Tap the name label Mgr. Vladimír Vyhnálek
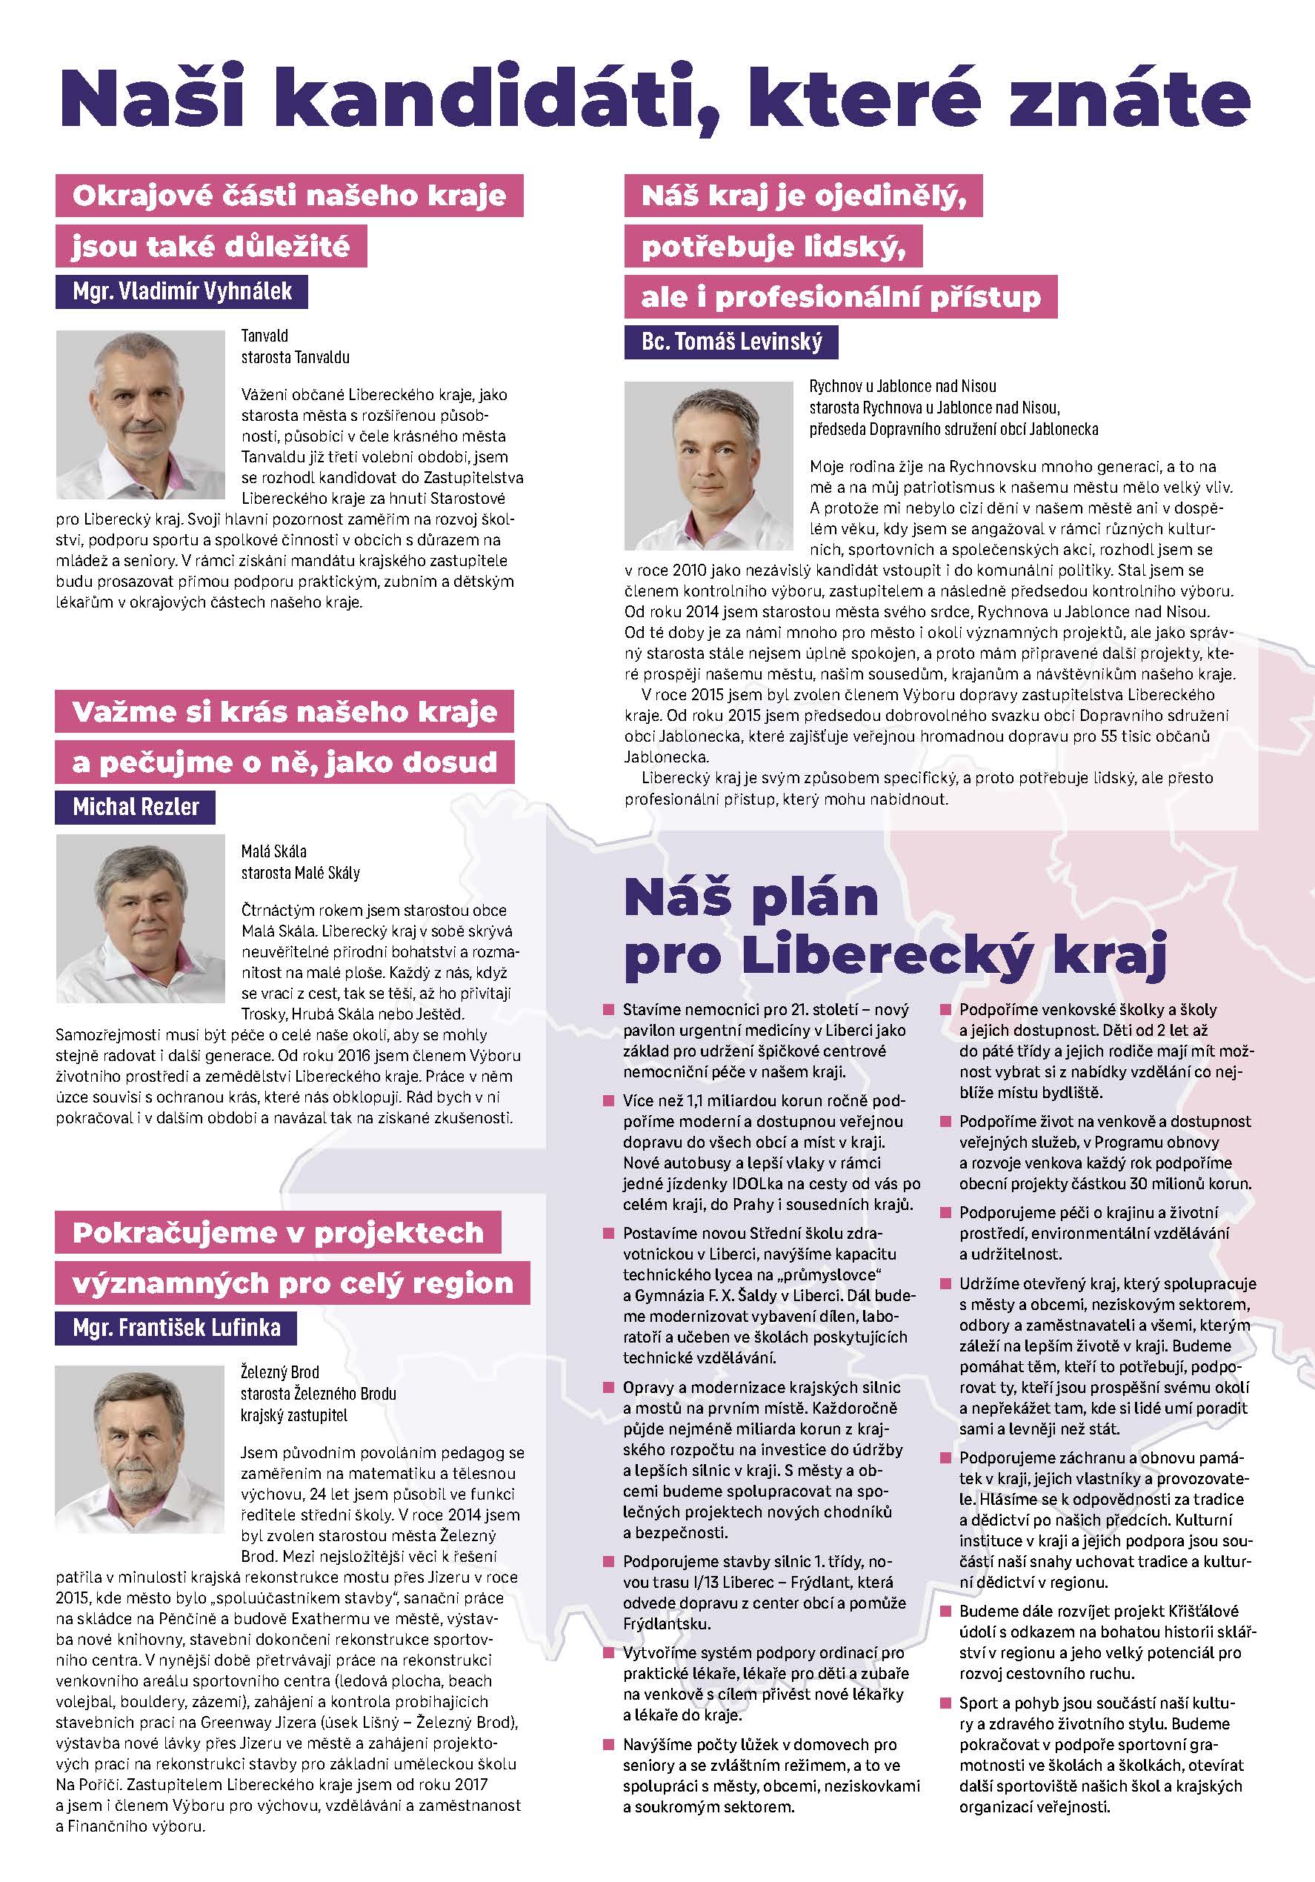pyautogui.click(x=182, y=291)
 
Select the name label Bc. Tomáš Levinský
pyautogui.click(x=731, y=341)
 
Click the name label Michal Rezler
pyautogui.click(x=136, y=807)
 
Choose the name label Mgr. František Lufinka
pyautogui.click(x=176, y=1327)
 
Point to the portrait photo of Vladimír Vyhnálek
pyautogui.click(x=140, y=415)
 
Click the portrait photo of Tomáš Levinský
pyautogui.click(x=708, y=465)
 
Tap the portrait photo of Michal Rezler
pyautogui.click(x=140, y=919)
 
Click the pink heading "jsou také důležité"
pyautogui.click(x=210, y=246)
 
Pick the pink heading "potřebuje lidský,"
pyautogui.click(x=773, y=246)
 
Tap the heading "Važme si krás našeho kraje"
pyautogui.click(x=284, y=711)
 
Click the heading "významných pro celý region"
pyautogui.click(x=293, y=1283)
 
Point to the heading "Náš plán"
pyautogui.click(x=751, y=897)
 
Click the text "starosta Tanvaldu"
pyautogui.click(x=295, y=357)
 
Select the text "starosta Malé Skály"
pyautogui.click(x=300, y=873)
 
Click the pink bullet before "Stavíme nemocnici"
pyautogui.click(x=608, y=1009)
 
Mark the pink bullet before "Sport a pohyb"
pyautogui.click(x=945, y=1703)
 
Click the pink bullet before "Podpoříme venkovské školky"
pyautogui.click(x=945, y=1009)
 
